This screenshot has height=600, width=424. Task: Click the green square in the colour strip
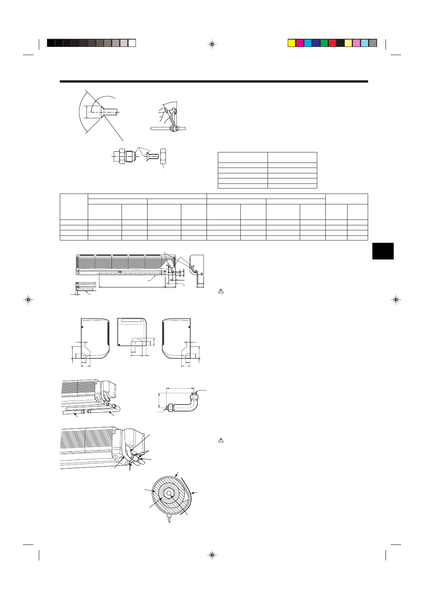(x=324, y=43)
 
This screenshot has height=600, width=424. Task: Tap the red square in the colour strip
(x=332, y=43)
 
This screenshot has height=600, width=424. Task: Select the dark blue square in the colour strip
(x=316, y=43)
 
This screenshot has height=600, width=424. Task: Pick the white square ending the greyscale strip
(x=132, y=43)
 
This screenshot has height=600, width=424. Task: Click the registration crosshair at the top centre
(x=212, y=44)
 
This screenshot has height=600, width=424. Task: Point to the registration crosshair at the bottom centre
(x=212, y=555)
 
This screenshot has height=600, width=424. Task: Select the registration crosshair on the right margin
(x=396, y=299)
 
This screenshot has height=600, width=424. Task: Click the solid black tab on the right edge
(x=383, y=251)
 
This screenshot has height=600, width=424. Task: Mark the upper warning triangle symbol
(x=221, y=291)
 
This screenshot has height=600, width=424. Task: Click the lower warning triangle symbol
(x=221, y=440)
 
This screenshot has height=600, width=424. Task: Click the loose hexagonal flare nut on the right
(x=163, y=156)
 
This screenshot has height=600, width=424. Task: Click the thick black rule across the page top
(x=214, y=81)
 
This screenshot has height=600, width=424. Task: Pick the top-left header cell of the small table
(x=243, y=157)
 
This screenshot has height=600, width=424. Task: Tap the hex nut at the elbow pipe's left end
(x=170, y=408)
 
